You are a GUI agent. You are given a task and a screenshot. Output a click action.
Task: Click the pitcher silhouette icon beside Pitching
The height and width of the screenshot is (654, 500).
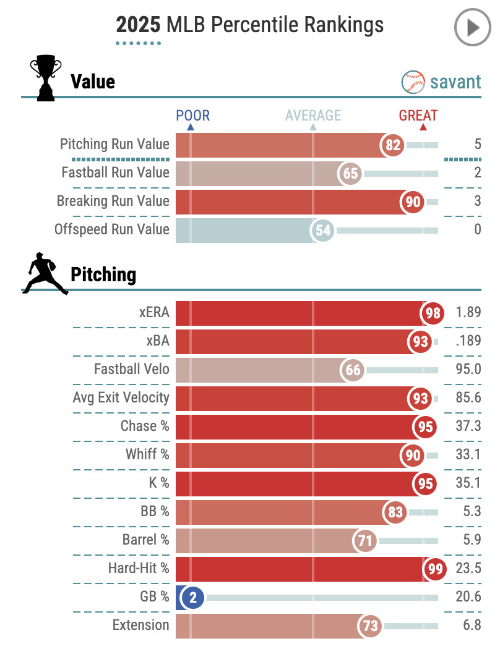(x=45, y=273)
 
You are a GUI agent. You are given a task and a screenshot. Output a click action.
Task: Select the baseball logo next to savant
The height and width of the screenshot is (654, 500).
(x=413, y=82)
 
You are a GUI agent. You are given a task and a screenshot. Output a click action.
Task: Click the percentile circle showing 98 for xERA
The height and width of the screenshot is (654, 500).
(x=433, y=313)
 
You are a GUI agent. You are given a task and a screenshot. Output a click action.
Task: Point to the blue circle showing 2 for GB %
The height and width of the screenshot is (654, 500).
(x=192, y=598)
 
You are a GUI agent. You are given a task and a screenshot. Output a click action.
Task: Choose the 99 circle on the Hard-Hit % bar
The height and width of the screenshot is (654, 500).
(x=435, y=569)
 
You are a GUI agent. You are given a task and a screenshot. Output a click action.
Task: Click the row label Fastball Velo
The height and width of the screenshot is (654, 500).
(x=131, y=370)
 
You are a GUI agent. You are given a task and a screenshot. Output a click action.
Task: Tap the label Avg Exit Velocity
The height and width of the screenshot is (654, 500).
(x=121, y=398)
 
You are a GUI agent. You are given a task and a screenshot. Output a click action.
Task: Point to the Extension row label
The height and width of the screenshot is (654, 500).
(x=140, y=626)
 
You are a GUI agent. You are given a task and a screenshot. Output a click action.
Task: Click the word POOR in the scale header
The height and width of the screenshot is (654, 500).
(x=192, y=116)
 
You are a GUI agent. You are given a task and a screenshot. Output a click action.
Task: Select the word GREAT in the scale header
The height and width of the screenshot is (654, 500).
(x=418, y=116)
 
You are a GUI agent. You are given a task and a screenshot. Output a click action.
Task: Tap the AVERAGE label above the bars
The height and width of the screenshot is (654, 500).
(x=312, y=116)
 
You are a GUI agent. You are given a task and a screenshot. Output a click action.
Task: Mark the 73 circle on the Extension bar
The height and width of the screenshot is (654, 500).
(x=370, y=626)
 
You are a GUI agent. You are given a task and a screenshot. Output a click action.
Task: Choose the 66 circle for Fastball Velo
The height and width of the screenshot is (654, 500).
(x=353, y=370)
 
